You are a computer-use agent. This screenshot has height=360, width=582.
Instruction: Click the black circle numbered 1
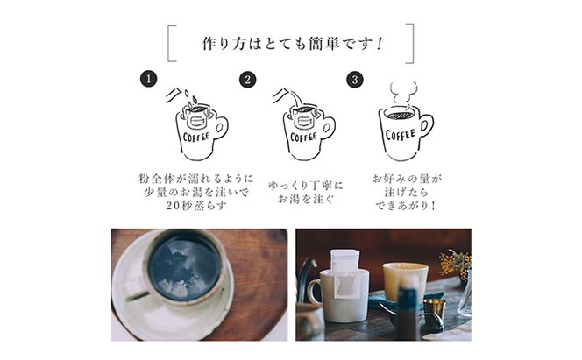149,80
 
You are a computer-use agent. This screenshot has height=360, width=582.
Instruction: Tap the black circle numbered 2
248,80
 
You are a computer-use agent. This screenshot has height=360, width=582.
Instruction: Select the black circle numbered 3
355,80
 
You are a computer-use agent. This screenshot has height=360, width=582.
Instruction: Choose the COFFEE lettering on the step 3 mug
400,135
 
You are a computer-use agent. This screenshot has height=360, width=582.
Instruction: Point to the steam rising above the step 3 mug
403,93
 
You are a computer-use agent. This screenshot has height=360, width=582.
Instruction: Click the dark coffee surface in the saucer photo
183,266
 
